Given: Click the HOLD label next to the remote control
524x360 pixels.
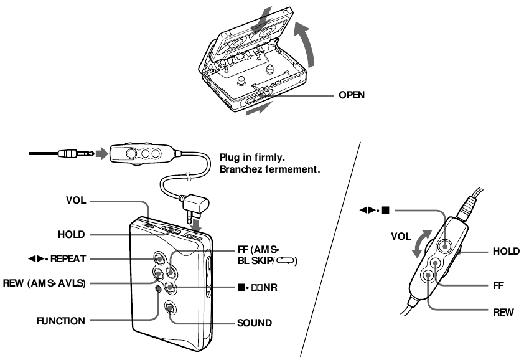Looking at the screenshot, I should coord(503,252).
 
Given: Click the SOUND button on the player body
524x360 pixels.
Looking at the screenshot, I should coord(170,308).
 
